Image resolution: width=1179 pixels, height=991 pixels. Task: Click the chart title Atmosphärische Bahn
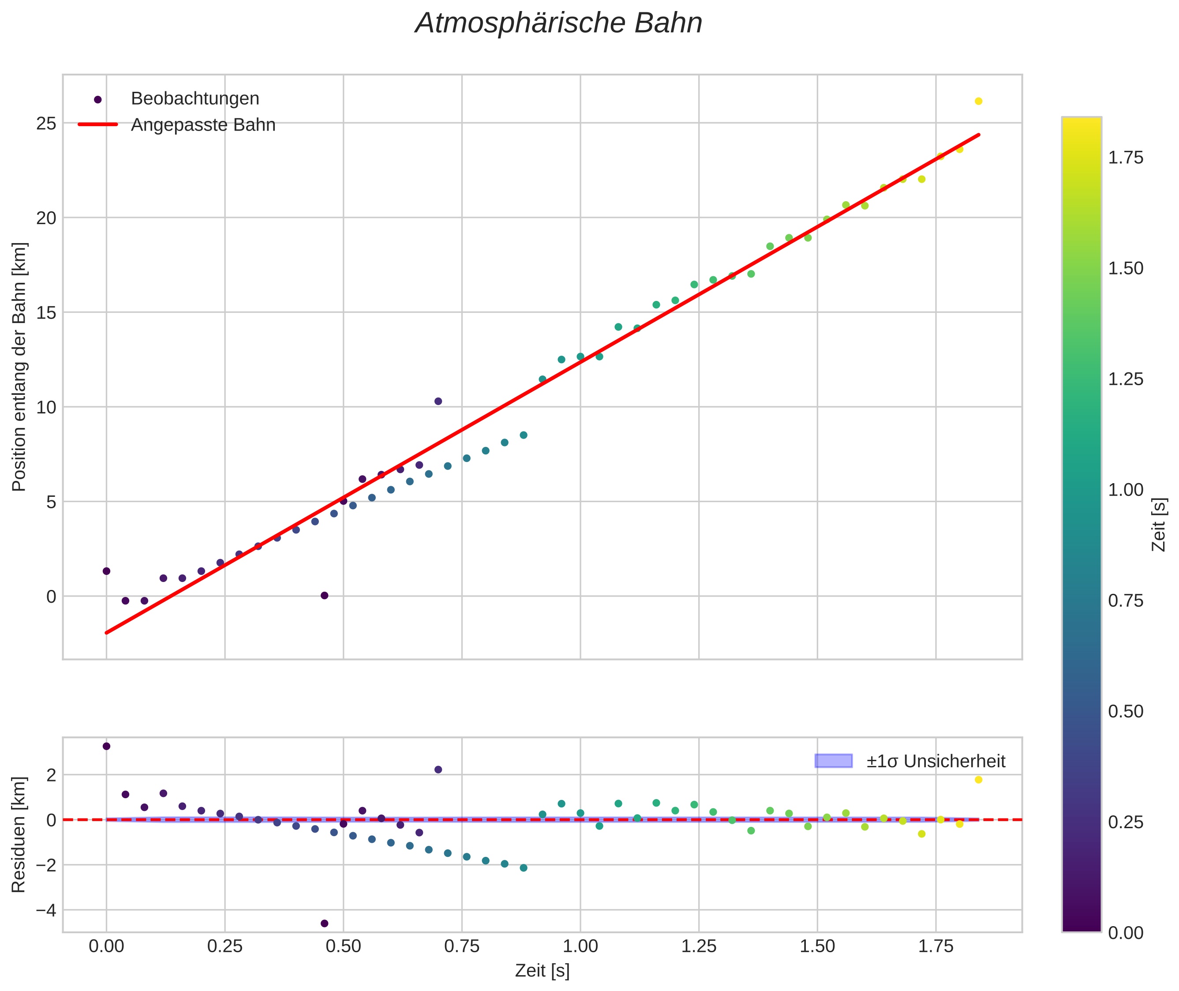[558, 23]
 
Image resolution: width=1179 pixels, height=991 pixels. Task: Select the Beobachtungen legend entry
[195, 99]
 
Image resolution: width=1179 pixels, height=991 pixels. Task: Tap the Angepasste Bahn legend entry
[203, 125]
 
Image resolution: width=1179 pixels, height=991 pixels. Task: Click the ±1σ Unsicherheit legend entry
[936, 761]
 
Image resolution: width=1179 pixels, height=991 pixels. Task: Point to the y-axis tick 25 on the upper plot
[47, 124]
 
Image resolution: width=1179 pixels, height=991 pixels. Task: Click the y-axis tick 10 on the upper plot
[47, 407]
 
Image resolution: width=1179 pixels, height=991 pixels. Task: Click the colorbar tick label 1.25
[1126, 379]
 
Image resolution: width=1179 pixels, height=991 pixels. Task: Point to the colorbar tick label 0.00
[1126, 933]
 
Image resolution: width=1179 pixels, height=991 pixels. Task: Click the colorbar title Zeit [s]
[1159, 525]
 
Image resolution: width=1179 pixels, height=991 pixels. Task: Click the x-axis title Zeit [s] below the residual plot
[542, 971]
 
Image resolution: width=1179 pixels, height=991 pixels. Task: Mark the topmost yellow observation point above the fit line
[978, 101]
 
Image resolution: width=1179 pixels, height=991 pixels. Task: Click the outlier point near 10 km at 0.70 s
[438, 401]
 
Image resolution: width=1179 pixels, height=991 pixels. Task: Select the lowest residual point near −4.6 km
[324, 923]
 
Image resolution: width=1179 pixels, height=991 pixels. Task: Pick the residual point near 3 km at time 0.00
[106, 746]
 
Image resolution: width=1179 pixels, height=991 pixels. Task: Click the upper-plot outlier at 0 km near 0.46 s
[324, 596]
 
